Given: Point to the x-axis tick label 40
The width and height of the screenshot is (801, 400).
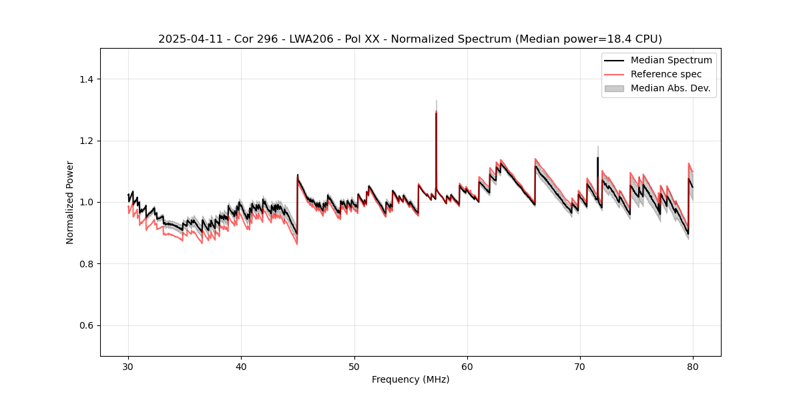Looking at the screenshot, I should [242, 366].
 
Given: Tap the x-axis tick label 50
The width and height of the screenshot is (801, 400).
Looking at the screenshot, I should [354, 366].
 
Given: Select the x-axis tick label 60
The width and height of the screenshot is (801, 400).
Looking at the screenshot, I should [467, 366].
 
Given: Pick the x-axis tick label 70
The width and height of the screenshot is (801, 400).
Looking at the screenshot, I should [580, 366].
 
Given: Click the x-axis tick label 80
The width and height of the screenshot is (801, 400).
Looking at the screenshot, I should [693, 366].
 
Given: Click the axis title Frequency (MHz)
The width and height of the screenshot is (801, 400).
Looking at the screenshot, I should [411, 379].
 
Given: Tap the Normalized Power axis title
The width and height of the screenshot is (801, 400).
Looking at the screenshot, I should [70, 202].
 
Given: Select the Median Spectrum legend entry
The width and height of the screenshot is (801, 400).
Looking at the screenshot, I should [671, 60].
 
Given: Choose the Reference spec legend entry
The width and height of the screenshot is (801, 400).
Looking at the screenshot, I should [666, 74].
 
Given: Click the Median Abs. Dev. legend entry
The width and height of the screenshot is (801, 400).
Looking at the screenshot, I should [670, 88].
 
